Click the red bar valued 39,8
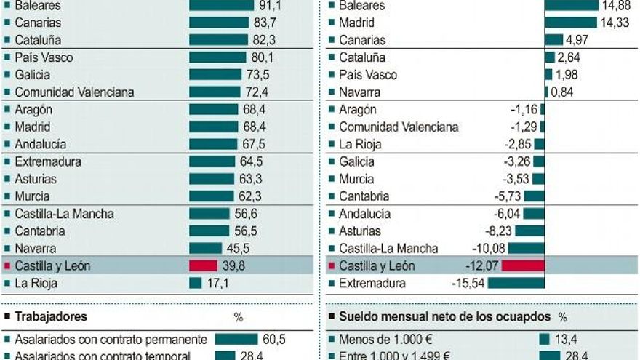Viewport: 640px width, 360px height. click(x=203, y=266)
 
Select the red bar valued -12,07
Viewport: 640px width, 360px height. click(x=522, y=266)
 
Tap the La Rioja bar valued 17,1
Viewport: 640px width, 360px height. click(x=195, y=284)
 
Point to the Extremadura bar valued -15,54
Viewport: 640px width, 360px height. click(x=516, y=284)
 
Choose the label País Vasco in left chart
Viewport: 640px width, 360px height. click(x=43, y=57)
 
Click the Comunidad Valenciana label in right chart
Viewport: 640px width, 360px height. click(x=399, y=127)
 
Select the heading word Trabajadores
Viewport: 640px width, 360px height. click(x=50, y=317)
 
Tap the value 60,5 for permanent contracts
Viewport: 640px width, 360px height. click(x=274, y=340)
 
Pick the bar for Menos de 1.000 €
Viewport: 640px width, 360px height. click(x=544, y=340)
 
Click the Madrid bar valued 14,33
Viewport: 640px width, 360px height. click(x=570, y=23)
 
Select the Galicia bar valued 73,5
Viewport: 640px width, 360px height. click(x=215, y=75)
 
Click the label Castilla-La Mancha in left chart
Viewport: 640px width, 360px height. click(x=64, y=214)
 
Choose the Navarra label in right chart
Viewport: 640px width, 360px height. click(x=359, y=92)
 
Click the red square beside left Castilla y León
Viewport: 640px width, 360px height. click(x=7, y=266)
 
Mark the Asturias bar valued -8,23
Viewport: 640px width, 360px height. click(x=529, y=231)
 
